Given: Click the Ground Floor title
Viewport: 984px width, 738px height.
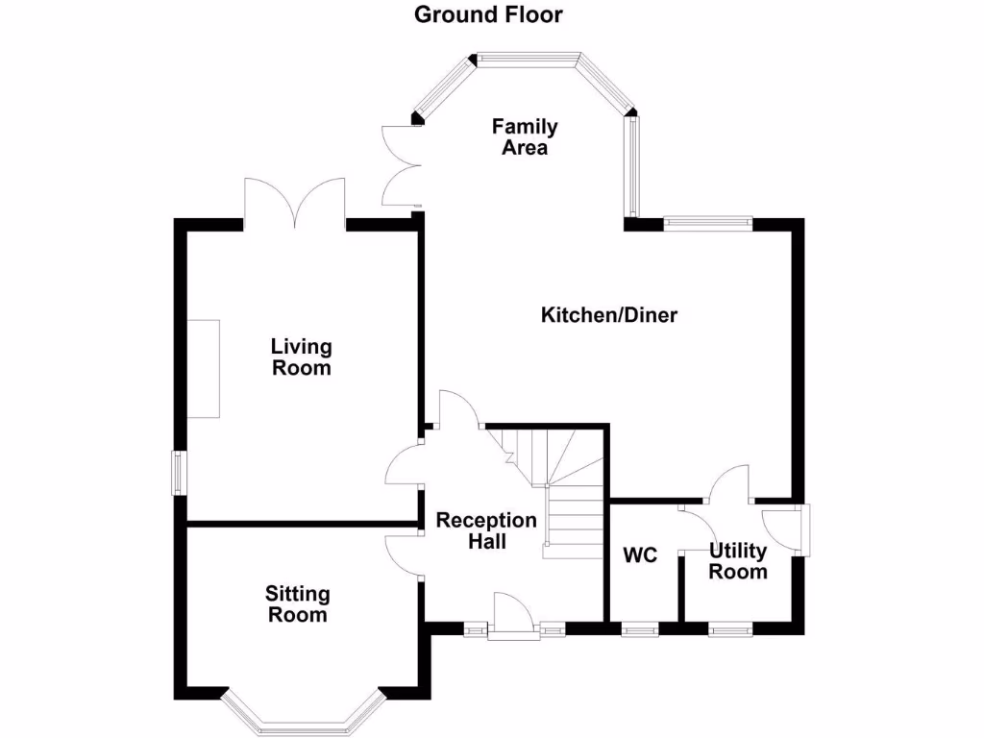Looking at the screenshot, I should (488, 14).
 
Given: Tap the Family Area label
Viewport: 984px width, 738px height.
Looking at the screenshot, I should (525, 137).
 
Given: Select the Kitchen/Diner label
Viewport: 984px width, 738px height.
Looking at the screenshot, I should (609, 315).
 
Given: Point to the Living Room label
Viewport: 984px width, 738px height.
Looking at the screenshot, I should (301, 357).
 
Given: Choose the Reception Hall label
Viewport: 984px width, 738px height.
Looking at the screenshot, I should (486, 530).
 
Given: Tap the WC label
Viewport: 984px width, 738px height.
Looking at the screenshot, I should (639, 555).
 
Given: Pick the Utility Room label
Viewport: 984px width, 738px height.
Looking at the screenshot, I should (738, 561).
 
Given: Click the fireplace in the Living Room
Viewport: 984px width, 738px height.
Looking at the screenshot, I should (203, 368).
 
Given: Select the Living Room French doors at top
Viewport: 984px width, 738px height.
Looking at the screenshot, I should (294, 204).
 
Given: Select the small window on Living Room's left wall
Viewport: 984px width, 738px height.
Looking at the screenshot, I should (179, 473).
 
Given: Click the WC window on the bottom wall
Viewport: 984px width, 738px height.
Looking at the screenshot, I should (639, 629).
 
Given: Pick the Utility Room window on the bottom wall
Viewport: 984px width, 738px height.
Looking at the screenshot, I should (730, 629).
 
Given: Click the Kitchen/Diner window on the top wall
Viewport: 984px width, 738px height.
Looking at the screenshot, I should (707, 223).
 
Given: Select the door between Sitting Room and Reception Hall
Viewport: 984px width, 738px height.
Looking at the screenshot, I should (403, 554).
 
